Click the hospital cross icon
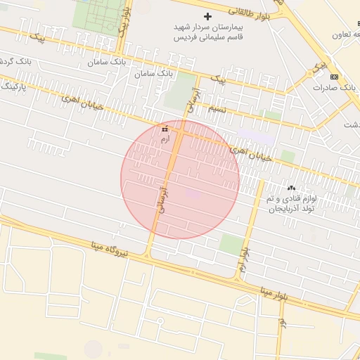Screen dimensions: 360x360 tap(207, 16)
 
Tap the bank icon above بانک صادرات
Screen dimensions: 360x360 tap(334, 77)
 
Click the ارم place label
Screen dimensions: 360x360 tap(165, 141)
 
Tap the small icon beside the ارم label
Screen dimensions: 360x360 tap(165, 129)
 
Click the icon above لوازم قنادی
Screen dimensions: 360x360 tap(292, 188)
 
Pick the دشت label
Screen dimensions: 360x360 tap(350, 124)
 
